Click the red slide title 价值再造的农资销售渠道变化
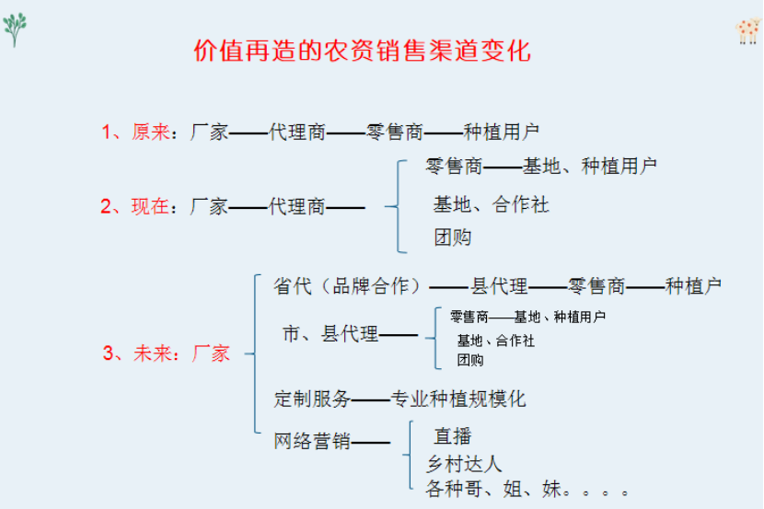pyautogui.click(x=362, y=51)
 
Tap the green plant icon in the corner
pyautogui.click(x=15, y=29)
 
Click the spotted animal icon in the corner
pyautogui.click(x=748, y=31)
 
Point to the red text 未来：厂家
pyautogui.click(x=181, y=353)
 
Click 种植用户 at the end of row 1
pyautogui.click(x=501, y=132)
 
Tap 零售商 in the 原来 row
pyautogui.click(x=395, y=132)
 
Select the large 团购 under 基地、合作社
pyautogui.click(x=453, y=237)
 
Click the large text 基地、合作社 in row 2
pyautogui.click(x=492, y=204)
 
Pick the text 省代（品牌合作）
pyautogui.click(x=347, y=286)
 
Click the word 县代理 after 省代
pyautogui.click(x=499, y=286)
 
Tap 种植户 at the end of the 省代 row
pyautogui.click(x=693, y=286)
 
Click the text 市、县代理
pyautogui.click(x=330, y=334)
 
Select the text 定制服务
pyautogui.click(x=312, y=399)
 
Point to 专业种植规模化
pyautogui.click(x=458, y=399)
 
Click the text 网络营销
pyautogui.click(x=312, y=441)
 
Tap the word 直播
pyautogui.click(x=453, y=436)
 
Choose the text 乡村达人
pyautogui.click(x=464, y=464)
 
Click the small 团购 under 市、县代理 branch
pyautogui.click(x=470, y=361)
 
